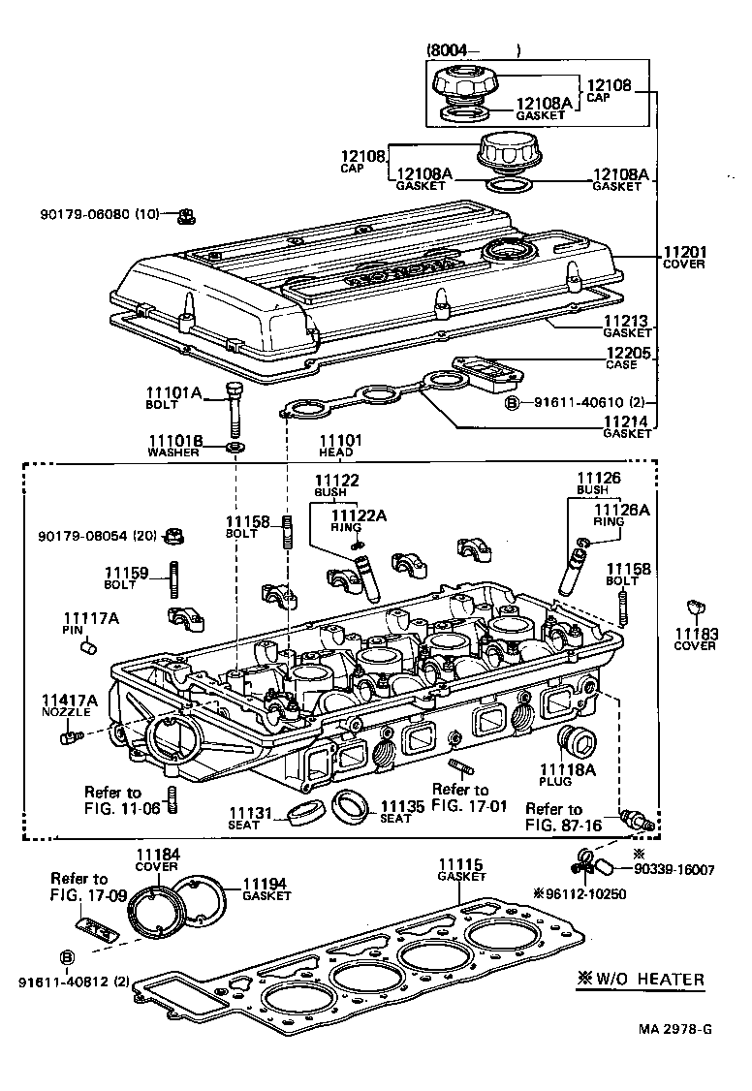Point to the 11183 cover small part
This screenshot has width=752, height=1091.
694,608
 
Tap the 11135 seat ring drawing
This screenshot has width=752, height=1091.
350,804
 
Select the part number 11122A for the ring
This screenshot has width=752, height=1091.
359,515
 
